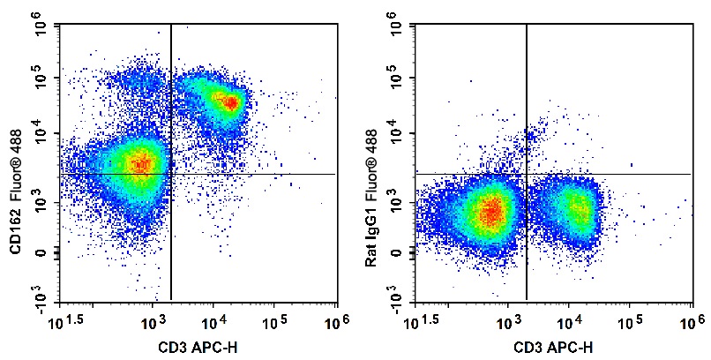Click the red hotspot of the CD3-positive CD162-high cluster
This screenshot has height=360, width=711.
tap(229, 102)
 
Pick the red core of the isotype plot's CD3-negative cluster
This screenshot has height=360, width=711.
tap(492, 211)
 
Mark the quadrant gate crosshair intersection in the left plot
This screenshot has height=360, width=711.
tap(170, 174)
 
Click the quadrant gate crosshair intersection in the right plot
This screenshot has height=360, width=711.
tap(527, 174)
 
